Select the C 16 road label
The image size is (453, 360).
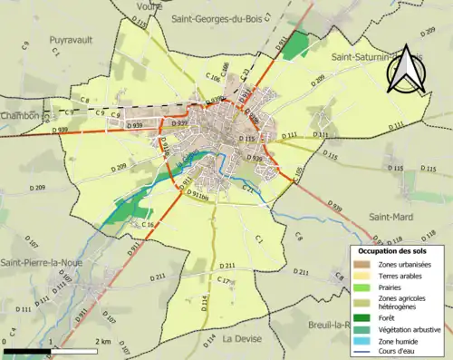pos(148,224)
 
